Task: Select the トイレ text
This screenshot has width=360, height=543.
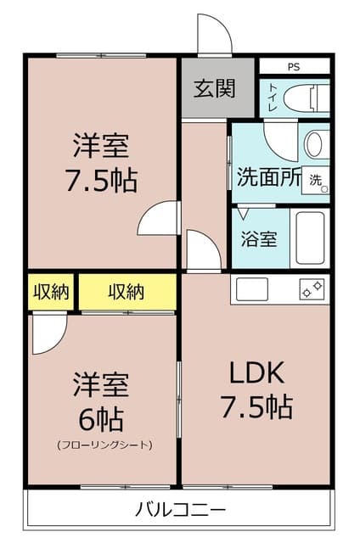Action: pyautogui.click(x=273, y=98)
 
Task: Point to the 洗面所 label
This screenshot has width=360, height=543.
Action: pyautogui.click(x=268, y=178)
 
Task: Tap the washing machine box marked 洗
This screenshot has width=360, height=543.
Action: pyautogui.click(x=317, y=180)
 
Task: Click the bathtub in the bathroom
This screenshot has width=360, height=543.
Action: pyautogui.click(x=309, y=238)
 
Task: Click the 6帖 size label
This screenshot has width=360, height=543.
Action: pyautogui.click(x=100, y=419)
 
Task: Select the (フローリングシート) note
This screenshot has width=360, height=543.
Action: pyautogui.click(x=104, y=445)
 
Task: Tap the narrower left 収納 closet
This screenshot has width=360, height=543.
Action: pyautogui.click(x=52, y=292)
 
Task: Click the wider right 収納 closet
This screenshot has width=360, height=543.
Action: pyautogui.click(x=127, y=292)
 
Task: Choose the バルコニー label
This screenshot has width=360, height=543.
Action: pyautogui.click(x=180, y=510)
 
